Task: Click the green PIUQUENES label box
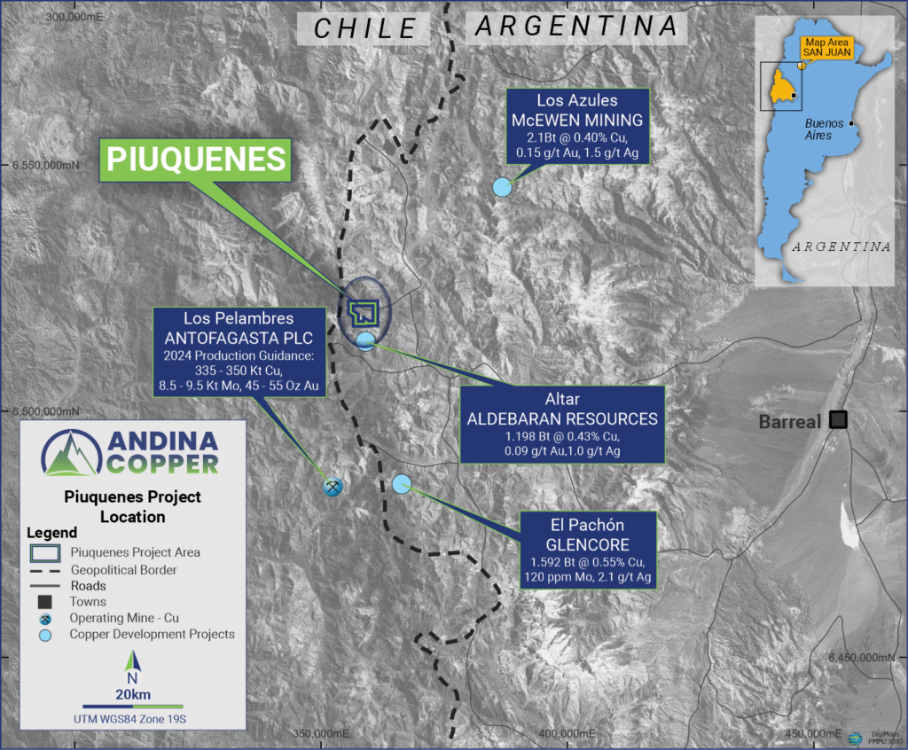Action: click(x=197, y=159)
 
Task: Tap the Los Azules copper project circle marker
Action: click(x=502, y=187)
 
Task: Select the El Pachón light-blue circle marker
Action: click(x=402, y=483)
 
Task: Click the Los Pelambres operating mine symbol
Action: click(x=333, y=486)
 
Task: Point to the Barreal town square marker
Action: click(x=837, y=420)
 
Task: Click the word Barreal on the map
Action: click(x=789, y=422)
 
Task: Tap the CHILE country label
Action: click(x=366, y=27)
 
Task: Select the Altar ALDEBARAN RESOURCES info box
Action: click(x=562, y=425)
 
